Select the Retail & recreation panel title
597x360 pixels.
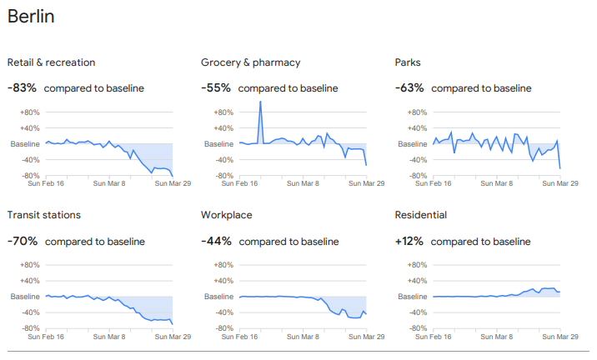click(x=51, y=62)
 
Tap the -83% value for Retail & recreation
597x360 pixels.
click(x=22, y=87)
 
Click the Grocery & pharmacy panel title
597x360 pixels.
click(x=250, y=62)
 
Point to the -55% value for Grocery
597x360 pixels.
click(x=215, y=87)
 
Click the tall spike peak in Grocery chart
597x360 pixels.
click(x=260, y=102)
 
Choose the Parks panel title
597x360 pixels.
click(x=409, y=62)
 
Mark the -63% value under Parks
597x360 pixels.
click(x=409, y=87)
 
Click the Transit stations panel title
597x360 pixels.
click(x=44, y=215)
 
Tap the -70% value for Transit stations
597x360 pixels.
click(x=23, y=241)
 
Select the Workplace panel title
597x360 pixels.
click(x=227, y=215)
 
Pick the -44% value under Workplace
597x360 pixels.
click(x=215, y=241)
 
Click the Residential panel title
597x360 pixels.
click(x=421, y=215)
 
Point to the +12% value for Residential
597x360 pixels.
click(x=409, y=241)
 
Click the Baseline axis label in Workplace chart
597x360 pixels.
click(x=219, y=297)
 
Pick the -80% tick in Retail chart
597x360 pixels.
click(x=29, y=176)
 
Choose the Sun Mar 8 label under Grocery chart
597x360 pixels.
click(x=304, y=184)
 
